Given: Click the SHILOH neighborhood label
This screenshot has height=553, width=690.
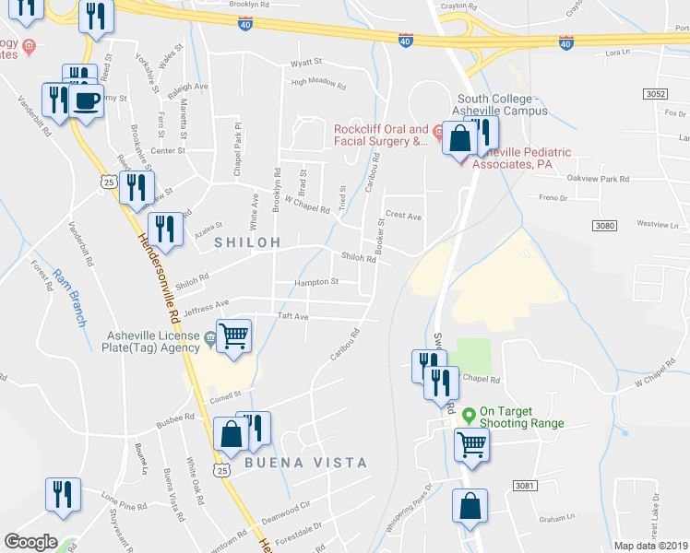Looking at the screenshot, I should point(247,241).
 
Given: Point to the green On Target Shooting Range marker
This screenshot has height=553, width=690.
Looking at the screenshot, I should point(469,414).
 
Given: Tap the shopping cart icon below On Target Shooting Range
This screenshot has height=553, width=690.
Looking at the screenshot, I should point(471,445).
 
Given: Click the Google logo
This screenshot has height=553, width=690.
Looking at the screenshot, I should point(30,542).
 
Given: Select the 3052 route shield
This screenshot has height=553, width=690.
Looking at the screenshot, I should point(655,94).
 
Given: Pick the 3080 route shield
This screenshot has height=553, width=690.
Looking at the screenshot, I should point(604,226).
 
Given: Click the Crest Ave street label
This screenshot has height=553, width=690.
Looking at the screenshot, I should point(403,217).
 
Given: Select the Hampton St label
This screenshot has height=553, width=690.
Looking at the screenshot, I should point(316,282).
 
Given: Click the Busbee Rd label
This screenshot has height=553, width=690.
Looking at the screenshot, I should point(175,417).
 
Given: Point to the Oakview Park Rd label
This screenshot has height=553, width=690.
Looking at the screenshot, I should point(598,179).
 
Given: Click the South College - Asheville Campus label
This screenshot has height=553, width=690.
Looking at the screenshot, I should point(503,104).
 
